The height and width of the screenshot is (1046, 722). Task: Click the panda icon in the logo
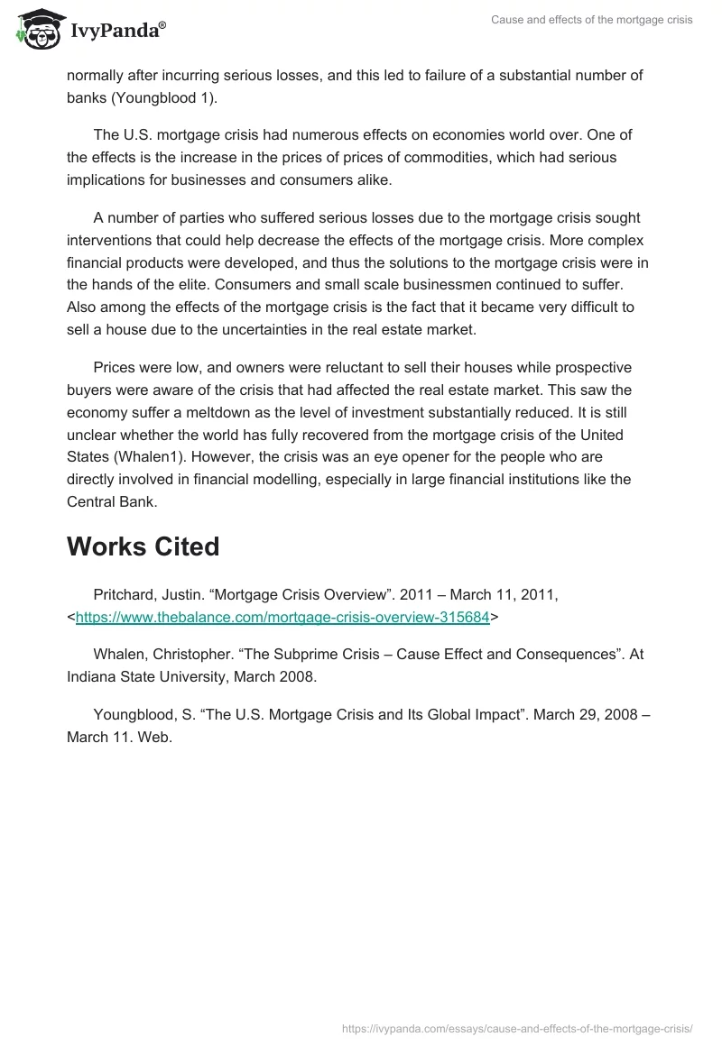pos(37,28)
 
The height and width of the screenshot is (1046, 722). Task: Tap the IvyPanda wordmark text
pos(117,31)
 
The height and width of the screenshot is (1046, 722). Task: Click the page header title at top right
pos(592,20)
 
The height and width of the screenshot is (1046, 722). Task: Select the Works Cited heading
pos(143,546)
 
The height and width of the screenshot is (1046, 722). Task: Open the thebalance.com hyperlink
pos(282,618)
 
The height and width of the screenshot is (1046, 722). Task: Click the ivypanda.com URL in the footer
pos(517,1028)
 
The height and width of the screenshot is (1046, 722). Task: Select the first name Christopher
pos(199,654)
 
